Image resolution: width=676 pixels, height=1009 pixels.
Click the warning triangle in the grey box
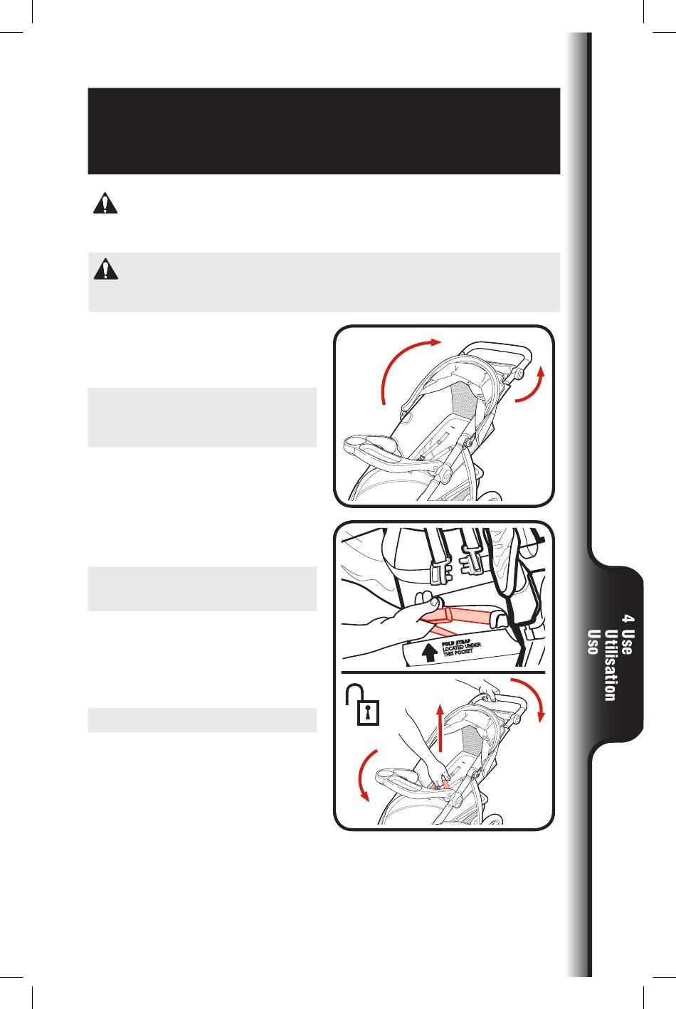click(x=106, y=269)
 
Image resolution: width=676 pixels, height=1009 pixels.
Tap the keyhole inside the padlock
click(x=369, y=713)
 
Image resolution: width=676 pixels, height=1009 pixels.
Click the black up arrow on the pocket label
click(x=429, y=653)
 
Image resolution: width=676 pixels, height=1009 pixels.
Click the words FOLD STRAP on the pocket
click(x=456, y=643)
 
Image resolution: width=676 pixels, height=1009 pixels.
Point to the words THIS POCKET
click(x=458, y=653)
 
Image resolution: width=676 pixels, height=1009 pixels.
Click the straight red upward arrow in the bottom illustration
click(x=440, y=729)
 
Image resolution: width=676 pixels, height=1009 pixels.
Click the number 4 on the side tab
click(x=627, y=618)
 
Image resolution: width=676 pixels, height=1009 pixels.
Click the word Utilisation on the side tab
click(x=611, y=665)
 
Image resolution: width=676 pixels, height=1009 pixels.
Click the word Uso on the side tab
click(x=593, y=642)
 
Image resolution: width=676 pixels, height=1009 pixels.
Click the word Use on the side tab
click(x=627, y=642)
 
